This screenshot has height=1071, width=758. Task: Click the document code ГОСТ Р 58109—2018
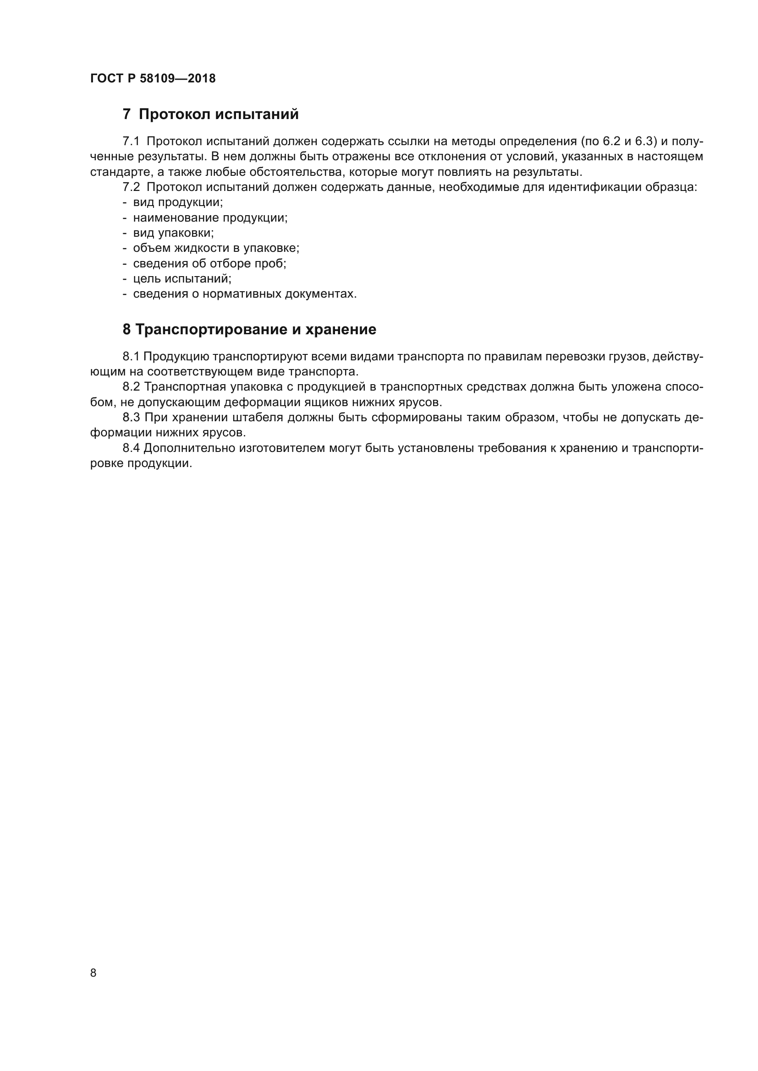click(153, 78)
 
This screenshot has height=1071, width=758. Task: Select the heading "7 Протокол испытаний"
click(210, 114)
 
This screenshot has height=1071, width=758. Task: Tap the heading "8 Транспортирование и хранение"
click(249, 330)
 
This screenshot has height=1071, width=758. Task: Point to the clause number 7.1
click(131, 141)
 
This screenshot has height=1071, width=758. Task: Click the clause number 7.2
click(131, 188)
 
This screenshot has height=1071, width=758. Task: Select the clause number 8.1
click(131, 357)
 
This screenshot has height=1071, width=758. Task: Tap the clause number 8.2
click(131, 387)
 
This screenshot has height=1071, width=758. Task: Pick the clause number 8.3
click(131, 418)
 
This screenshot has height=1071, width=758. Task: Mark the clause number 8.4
click(131, 448)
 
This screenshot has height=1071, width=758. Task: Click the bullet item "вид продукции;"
click(178, 202)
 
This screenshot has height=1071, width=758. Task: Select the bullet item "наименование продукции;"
click(210, 218)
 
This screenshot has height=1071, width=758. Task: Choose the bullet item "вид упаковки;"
click(173, 233)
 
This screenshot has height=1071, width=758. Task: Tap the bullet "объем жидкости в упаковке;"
click(216, 248)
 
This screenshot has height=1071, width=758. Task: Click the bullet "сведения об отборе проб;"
click(209, 264)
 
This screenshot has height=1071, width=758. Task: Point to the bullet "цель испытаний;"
click(182, 279)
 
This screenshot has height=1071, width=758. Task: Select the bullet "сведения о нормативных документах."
click(245, 294)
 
